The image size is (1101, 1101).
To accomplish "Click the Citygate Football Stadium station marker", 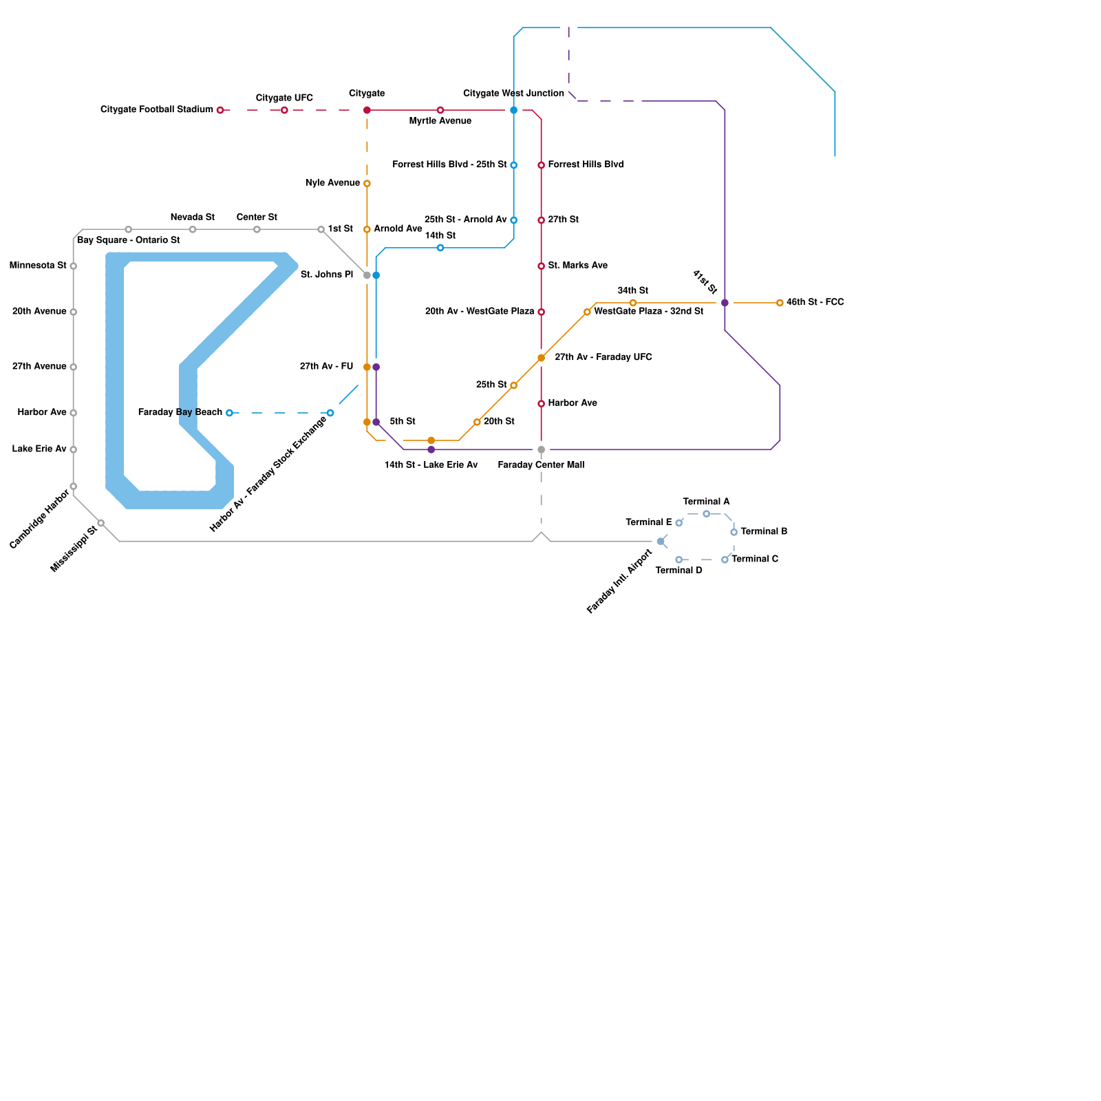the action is (220, 110).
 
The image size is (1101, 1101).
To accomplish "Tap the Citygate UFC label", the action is (284, 98).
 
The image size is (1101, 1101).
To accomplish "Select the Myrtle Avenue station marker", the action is (440, 110).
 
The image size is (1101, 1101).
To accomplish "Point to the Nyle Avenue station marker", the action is (367, 184).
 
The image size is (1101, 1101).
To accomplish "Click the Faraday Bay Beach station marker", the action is (229, 413).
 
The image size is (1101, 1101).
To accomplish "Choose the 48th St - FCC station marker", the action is (780, 303).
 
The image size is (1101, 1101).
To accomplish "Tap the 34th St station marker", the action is (633, 303).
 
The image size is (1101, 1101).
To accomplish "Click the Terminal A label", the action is (706, 502).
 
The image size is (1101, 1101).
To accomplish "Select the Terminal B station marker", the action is (734, 532).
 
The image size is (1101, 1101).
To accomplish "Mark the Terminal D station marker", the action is (678, 559).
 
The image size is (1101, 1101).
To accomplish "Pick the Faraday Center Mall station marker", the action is (542, 450).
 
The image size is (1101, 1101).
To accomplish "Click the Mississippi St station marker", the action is (101, 523).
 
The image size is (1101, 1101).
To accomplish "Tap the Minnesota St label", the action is (38, 266).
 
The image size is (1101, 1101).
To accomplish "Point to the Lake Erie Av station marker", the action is (74, 450).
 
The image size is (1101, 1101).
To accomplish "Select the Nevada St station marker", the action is (193, 229).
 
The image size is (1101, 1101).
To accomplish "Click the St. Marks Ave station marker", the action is (542, 266).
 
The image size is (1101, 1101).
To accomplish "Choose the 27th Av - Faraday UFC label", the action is (603, 357).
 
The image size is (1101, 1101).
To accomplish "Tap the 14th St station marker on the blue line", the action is (440, 248).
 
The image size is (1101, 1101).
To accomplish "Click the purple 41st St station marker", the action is (725, 303).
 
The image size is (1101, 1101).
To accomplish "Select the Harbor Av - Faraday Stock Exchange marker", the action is (330, 413).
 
